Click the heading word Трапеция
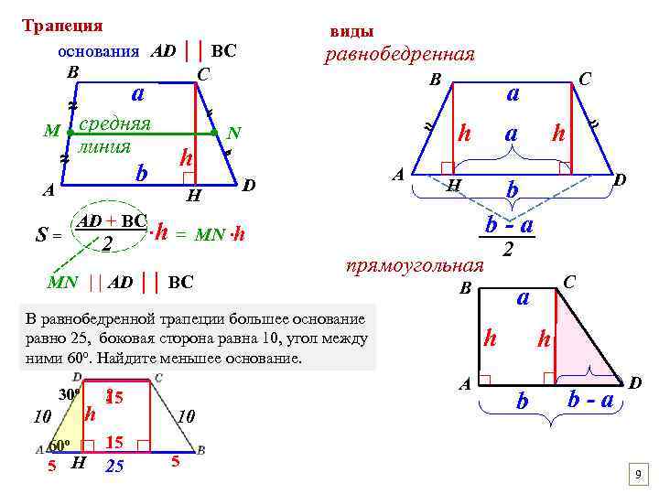point(62,26)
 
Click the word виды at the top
point(351,31)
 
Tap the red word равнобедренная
point(400,54)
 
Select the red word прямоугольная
point(414,266)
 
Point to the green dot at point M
point(70,133)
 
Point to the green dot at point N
point(214,133)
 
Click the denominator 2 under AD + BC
point(107,244)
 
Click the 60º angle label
point(59,446)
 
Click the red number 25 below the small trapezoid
point(114,467)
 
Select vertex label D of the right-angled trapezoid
point(634,379)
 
